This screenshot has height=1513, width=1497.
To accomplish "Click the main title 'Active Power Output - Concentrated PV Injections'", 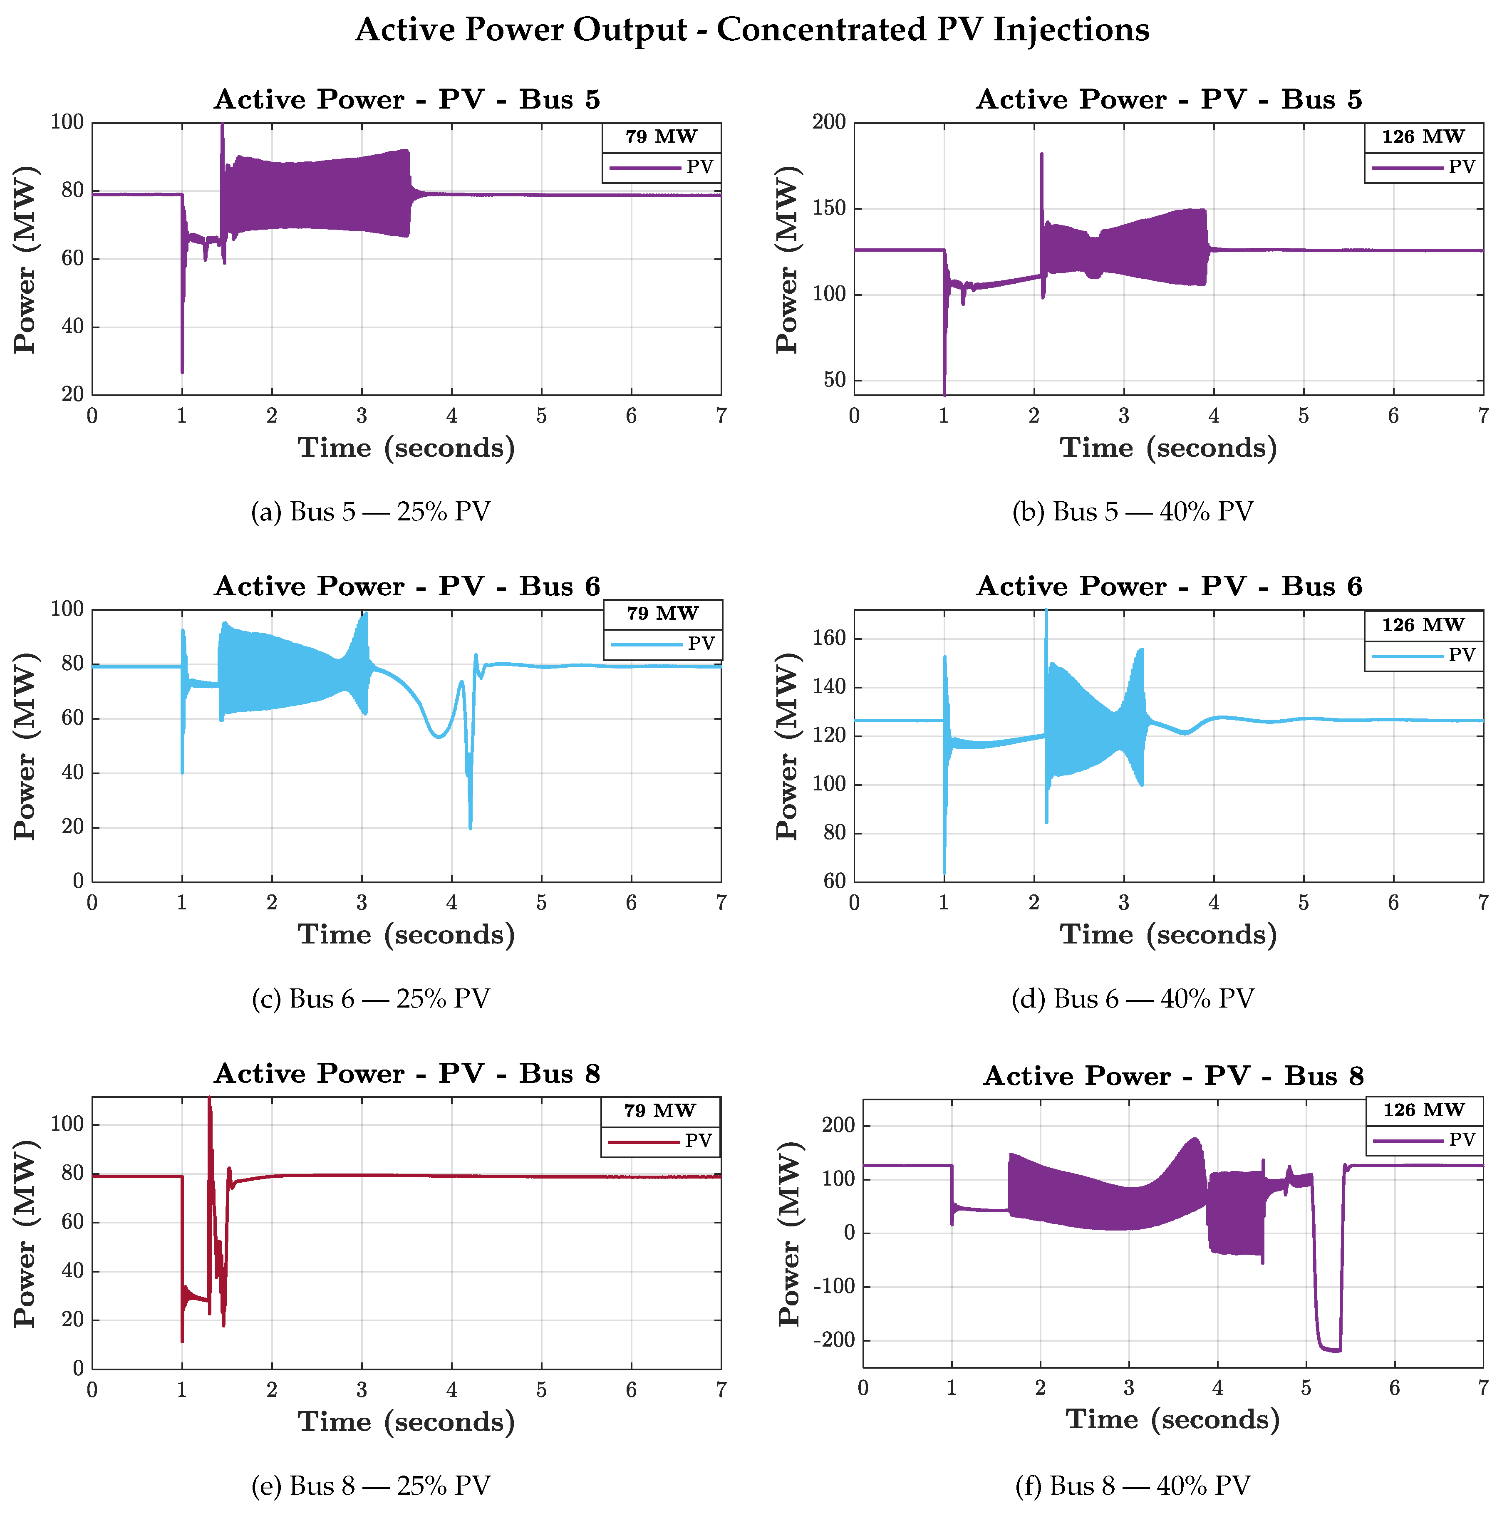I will [x=751, y=30].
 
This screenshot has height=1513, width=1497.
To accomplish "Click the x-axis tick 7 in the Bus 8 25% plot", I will [x=721, y=1390].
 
